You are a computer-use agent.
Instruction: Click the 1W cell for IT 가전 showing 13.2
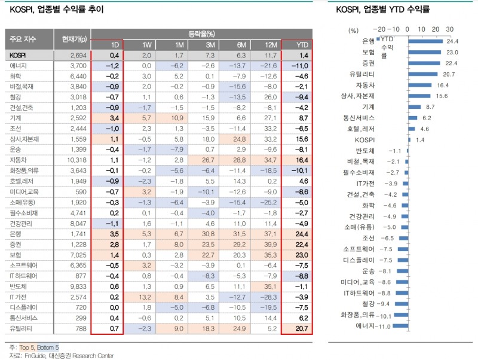(146, 297)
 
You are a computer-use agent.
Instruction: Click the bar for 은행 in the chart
(425, 41)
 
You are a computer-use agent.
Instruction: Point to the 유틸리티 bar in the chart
(422, 74)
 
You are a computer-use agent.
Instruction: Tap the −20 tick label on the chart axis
(378, 28)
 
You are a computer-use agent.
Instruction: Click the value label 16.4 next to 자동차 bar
(443, 85)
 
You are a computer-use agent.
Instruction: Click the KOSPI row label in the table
(18, 55)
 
